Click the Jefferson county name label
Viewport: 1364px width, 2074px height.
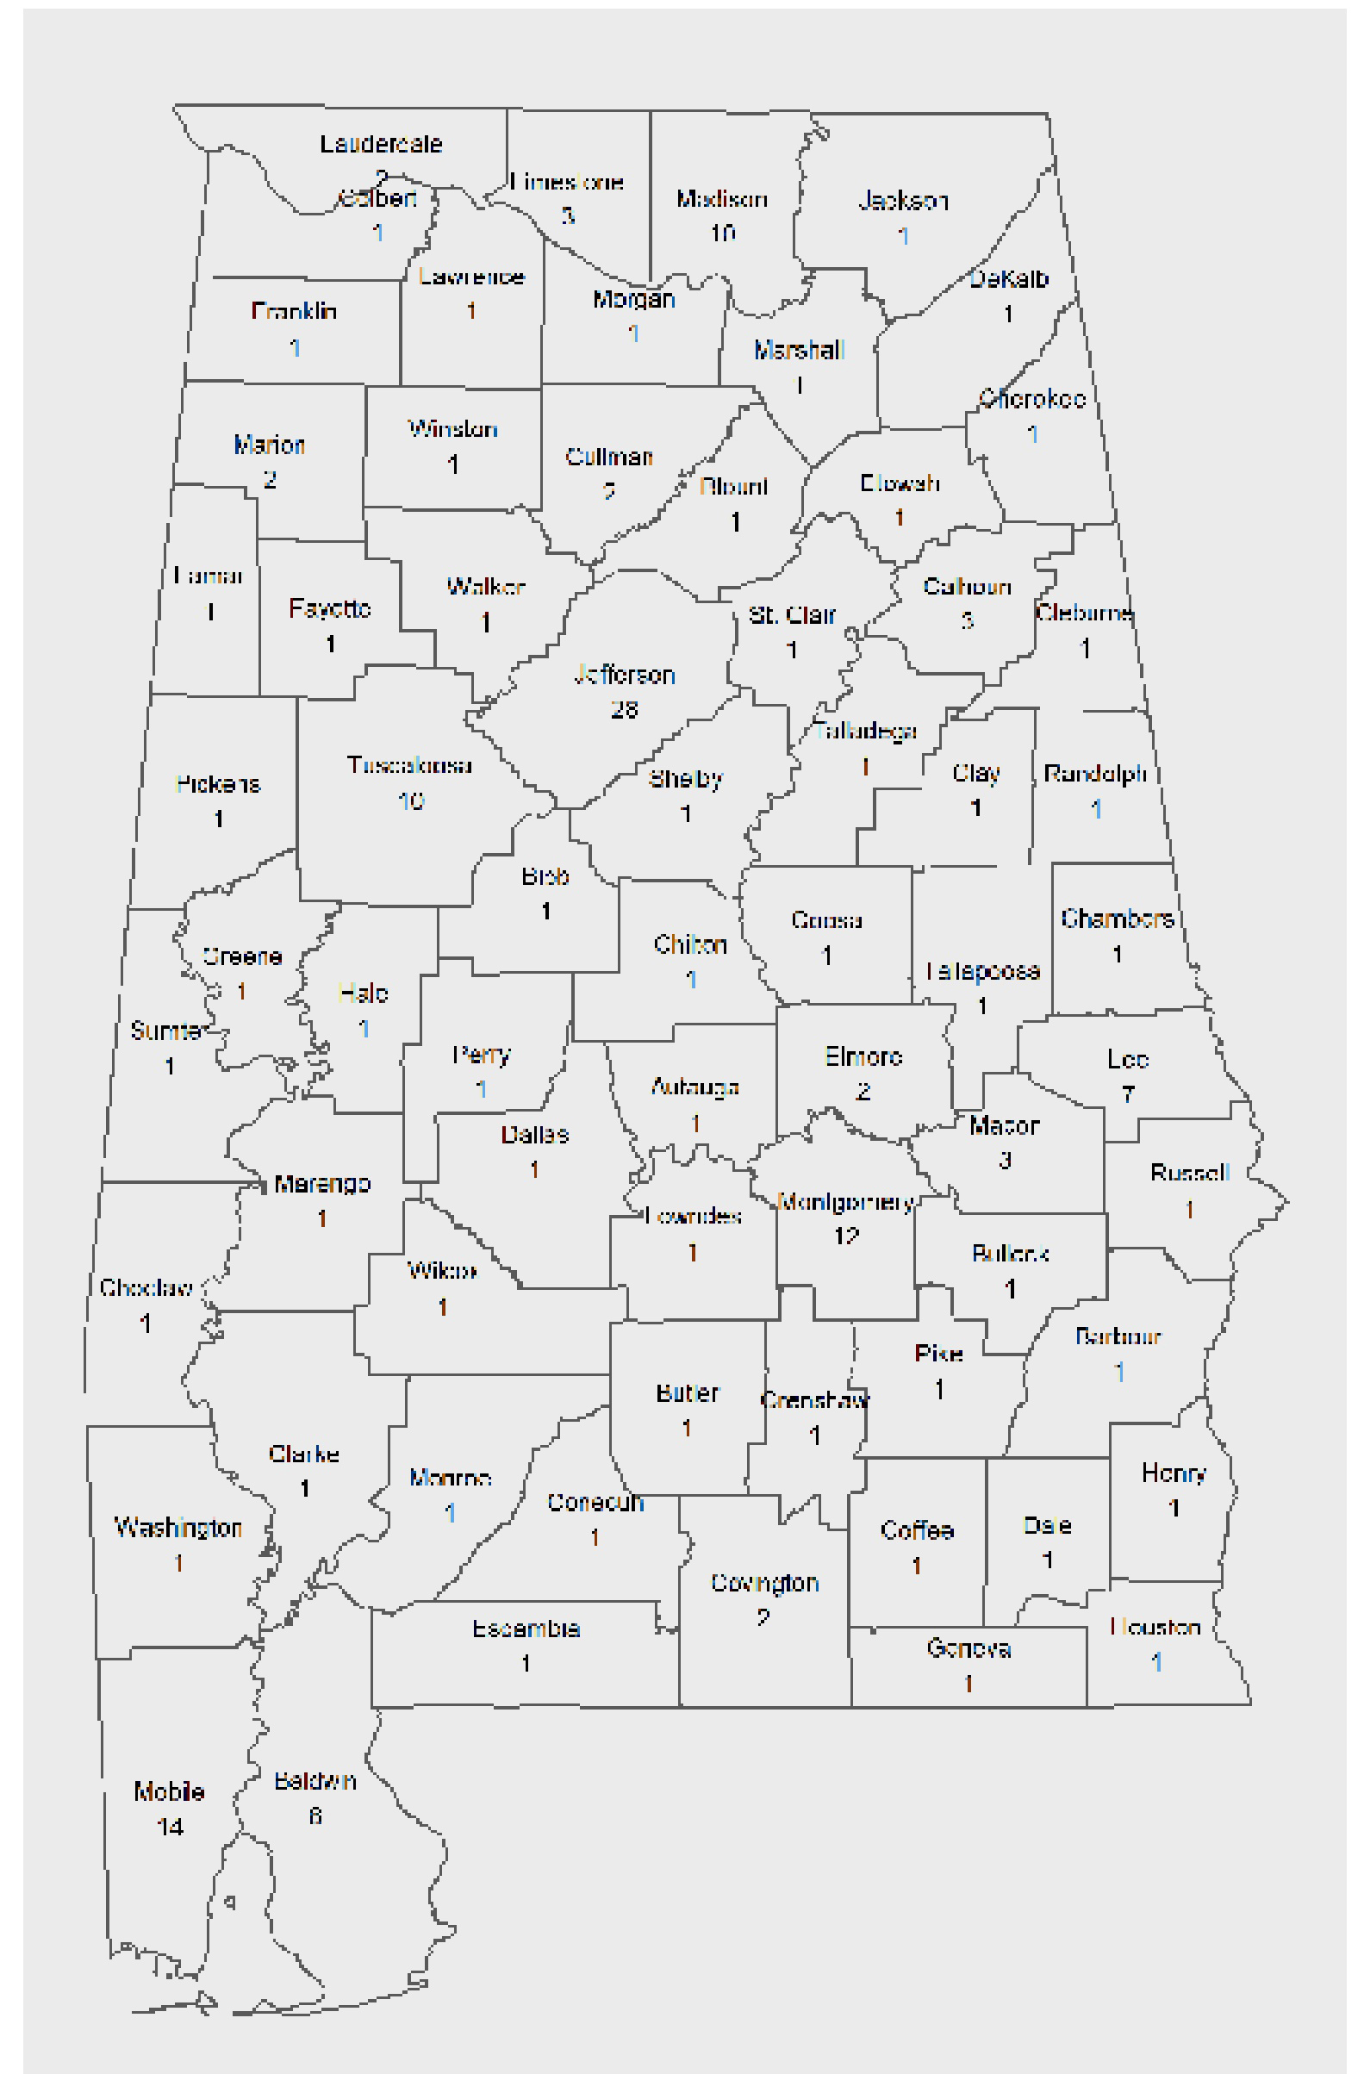point(624,676)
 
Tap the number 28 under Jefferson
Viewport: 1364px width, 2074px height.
point(624,710)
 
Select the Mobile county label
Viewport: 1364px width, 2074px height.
point(169,1791)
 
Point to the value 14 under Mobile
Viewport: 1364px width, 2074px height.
point(170,1828)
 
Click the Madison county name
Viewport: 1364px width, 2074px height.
point(722,200)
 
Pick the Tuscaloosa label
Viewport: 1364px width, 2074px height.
point(408,765)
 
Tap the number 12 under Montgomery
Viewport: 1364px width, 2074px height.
point(846,1236)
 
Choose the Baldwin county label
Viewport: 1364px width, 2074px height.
point(315,1781)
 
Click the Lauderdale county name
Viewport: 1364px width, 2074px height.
point(381,144)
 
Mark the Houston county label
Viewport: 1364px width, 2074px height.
point(1155,1627)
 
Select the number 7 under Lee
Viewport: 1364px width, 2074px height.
point(1128,1094)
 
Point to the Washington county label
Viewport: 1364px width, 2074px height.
point(178,1528)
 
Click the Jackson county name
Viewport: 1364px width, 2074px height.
point(903,202)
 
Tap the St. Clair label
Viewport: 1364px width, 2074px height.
point(791,615)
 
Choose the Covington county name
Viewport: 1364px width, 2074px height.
point(764,1583)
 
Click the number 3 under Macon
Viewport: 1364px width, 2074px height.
point(1005,1161)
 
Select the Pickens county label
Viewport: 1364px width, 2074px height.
point(218,784)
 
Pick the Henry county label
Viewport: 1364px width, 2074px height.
point(1173,1473)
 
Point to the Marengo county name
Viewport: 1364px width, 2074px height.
point(322,1183)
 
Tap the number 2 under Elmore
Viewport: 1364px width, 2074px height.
point(863,1092)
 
